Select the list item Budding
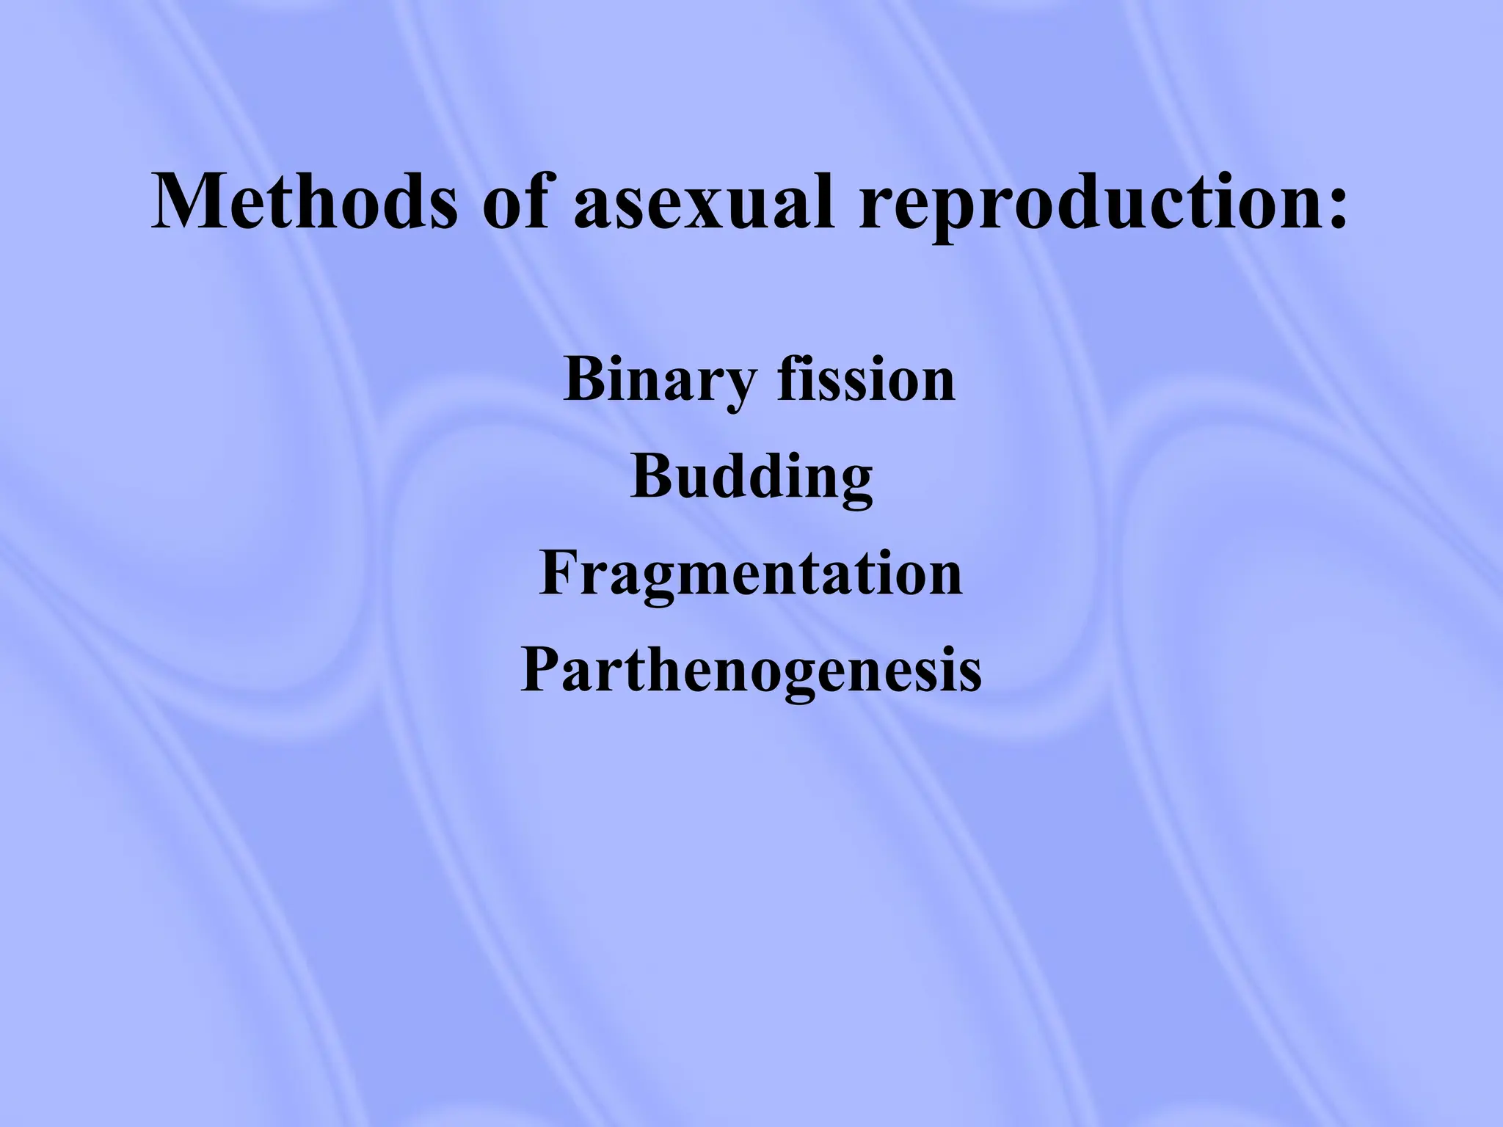click(x=751, y=477)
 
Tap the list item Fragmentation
click(x=750, y=574)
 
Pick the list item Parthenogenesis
click(x=750, y=671)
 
